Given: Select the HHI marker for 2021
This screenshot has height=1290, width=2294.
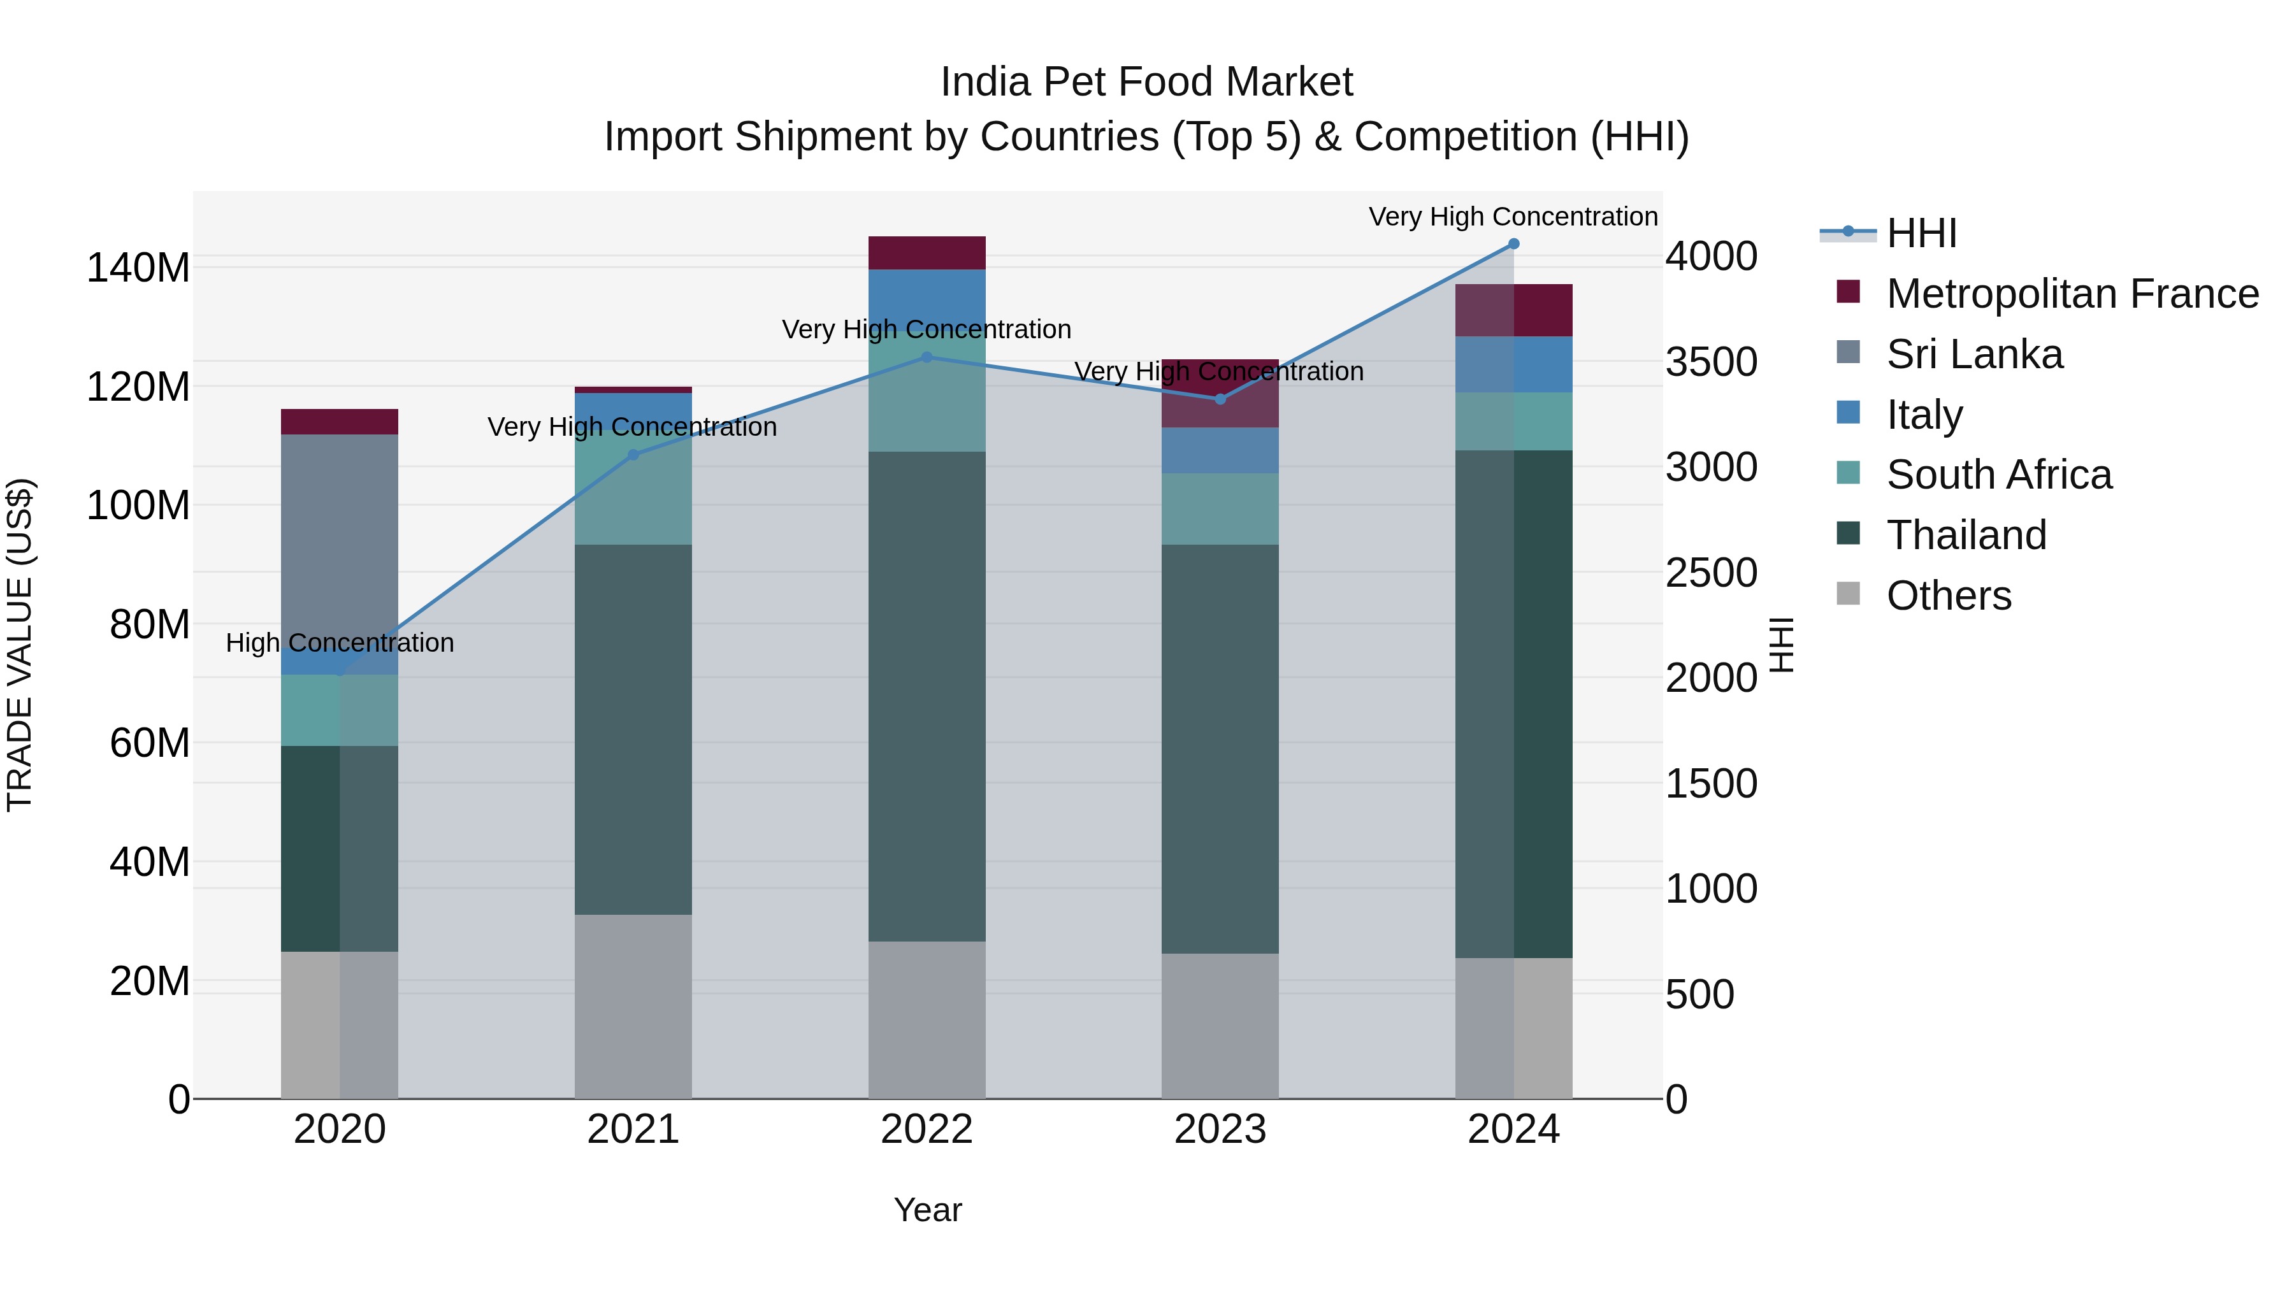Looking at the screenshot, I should pyautogui.click(x=633, y=455).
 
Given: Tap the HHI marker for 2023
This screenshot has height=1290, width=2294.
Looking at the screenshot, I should pyautogui.click(x=1220, y=399).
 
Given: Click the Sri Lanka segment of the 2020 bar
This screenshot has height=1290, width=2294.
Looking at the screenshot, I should pyautogui.click(x=339, y=552).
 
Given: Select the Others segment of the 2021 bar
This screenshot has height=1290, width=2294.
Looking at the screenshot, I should pyautogui.click(x=633, y=1006).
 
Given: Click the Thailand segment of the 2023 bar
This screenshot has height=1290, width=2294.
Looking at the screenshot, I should pyautogui.click(x=1220, y=748).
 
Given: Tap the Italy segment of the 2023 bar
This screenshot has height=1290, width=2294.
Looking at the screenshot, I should pyautogui.click(x=1220, y=450).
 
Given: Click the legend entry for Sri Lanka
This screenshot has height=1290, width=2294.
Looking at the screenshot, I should pyautogui.click(x=1973, y=354).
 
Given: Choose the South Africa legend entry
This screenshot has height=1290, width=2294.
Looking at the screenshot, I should pyautogui.click(x=1998, y=475).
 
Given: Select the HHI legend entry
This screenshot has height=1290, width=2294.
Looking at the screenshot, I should pyautogui.click(x=1921, y=233).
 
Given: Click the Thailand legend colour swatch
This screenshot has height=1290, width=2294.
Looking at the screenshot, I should pyautogui.click(x=1848, y=534).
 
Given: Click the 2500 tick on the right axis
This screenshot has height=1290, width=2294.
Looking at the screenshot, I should pyautogui.click(x=1711, y=573).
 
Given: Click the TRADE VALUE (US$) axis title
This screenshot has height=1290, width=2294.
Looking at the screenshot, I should pyautogui.click(x=20, y=645).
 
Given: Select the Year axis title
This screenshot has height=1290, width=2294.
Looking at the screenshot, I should pyautogui.click(x=927, y=1210).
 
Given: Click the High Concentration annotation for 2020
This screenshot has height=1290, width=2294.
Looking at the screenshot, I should pyautogui.click(x=339, y=643).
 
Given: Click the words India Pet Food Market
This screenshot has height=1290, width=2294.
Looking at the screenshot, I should pyautogui.click(x=1146, y=82).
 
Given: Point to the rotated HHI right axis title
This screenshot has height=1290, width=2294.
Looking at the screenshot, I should pyautogui.click(x=1781, y=645).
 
